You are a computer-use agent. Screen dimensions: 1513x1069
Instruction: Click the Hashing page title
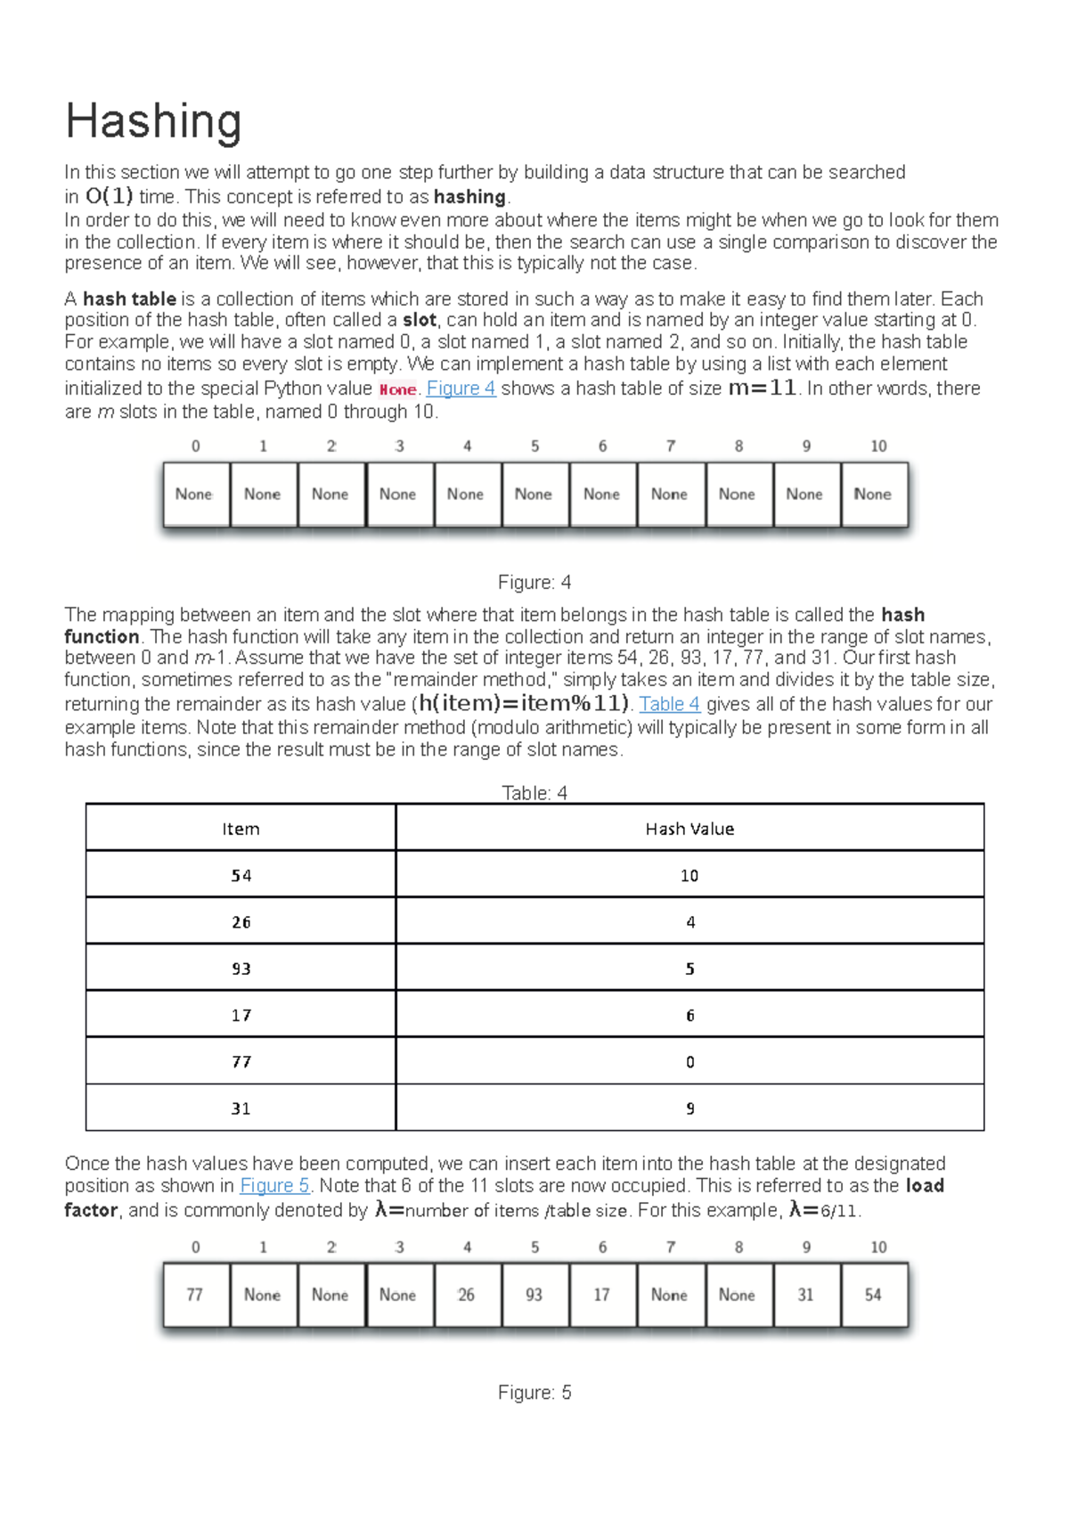point(153,122)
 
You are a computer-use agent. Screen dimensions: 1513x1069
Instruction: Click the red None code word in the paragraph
point(397,389)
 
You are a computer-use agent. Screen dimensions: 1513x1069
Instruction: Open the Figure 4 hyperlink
point(461,388)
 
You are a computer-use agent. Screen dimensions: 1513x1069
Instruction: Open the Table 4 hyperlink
point(669,704)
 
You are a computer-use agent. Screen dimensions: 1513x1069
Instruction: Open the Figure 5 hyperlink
point(274,1186)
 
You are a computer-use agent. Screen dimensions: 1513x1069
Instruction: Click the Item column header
point(241,829)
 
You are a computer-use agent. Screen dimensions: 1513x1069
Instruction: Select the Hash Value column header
point(690,829)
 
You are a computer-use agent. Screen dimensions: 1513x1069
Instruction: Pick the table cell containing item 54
point(241,876)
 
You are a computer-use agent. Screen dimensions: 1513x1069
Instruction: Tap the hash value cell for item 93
point(690,969)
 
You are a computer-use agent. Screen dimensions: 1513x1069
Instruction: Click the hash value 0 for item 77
point(690,1062)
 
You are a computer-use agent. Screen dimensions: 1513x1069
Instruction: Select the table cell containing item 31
point(241,1108)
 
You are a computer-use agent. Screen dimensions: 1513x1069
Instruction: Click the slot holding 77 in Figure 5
point(195,1295)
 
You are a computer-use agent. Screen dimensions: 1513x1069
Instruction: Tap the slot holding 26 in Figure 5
point(466,1295)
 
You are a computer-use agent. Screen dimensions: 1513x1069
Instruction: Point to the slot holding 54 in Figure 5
point(873,1295)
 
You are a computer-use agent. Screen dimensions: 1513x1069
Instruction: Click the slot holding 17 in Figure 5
point(601,1295)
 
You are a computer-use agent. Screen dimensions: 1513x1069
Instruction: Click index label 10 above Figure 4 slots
point(878,446)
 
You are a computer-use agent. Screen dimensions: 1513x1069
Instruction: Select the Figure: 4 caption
point(534,583)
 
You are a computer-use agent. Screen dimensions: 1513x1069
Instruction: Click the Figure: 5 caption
point(534,1393)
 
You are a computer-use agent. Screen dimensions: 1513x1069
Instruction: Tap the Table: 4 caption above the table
point(534,793)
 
